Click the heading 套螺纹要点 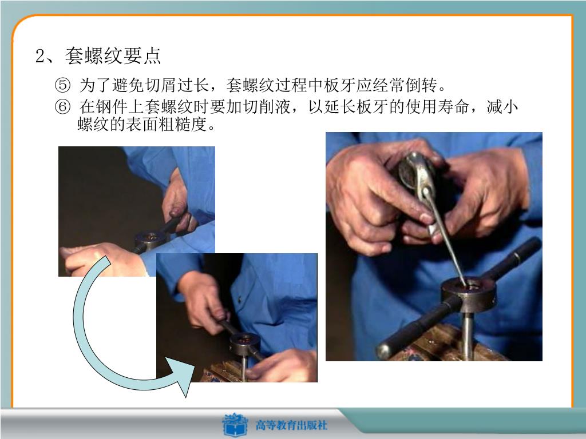click(x=113, y=55)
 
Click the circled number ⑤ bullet click(x=62, y=85)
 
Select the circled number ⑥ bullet click(x=62, y=107)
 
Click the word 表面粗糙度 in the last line click(x=166, y=124)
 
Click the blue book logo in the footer click(x=235, y=425)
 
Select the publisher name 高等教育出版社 click(x=291, y=425)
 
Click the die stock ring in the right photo click(x=469, y=294)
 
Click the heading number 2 click(x=41, y=56)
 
